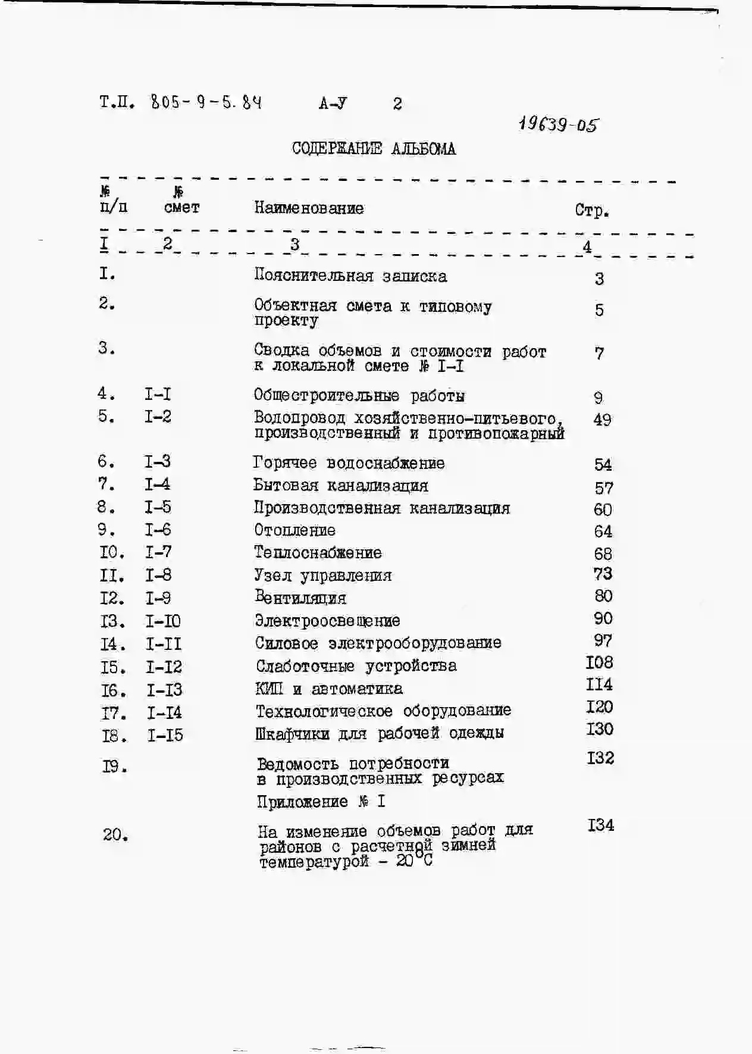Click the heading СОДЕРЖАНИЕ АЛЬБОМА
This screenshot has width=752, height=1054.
coord(374,149)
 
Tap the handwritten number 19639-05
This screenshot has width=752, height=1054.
coord(558,124)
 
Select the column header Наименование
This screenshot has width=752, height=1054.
coord(309,208)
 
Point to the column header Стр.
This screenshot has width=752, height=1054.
coord(591,211)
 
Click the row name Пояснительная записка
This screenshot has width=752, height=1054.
coord(350,276)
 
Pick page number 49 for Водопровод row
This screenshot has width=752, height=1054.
coord(602,420)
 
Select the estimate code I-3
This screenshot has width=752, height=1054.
coord(158,462)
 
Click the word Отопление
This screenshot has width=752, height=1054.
coord(295,530)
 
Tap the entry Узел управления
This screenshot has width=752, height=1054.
coord(323,576)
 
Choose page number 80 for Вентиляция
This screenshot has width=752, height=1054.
coord(603,596)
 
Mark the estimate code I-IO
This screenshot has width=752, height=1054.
coord(163,621)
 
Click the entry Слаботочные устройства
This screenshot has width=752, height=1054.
coord(356,666)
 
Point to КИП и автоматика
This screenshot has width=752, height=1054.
coord(329,689)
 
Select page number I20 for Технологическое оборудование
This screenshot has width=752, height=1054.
coord(600,708)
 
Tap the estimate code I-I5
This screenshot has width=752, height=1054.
coord(165,736)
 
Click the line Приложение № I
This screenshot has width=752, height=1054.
coord(321,802)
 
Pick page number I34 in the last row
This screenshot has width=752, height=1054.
coord(601,825)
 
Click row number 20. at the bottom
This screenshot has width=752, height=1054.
coord(115,835)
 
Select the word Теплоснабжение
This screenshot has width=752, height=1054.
coord(318,553)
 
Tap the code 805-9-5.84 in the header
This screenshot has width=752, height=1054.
coord(206,103)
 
